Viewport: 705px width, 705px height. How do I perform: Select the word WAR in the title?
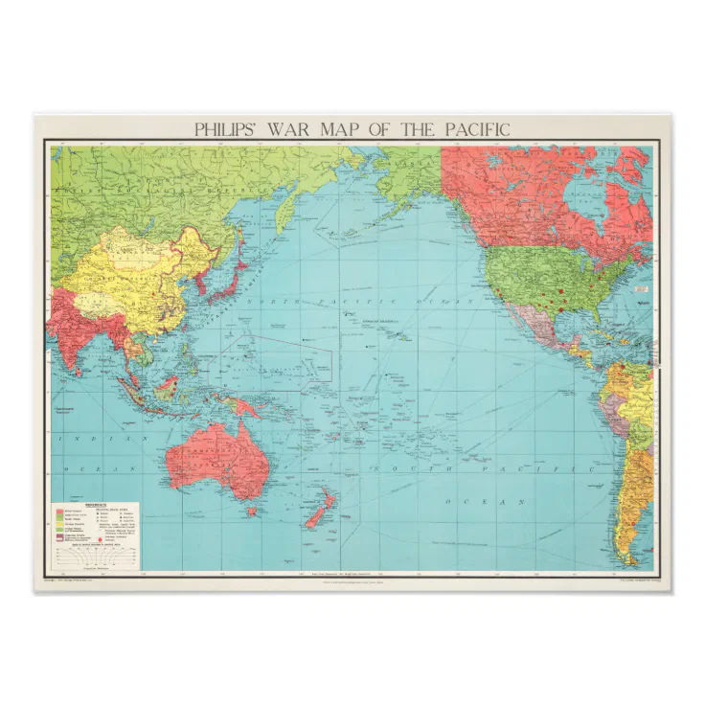(x=287, y=128)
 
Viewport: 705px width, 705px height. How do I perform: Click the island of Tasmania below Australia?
(x=253, y=511)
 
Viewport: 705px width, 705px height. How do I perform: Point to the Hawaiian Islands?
(x=402, y=335)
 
